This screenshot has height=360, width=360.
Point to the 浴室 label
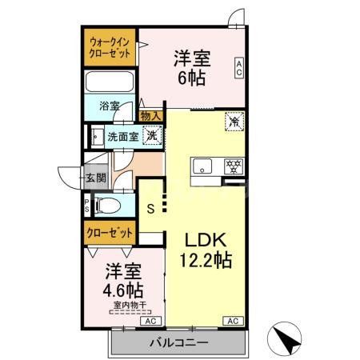(110, 106)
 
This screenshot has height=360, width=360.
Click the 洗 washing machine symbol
(150, 135)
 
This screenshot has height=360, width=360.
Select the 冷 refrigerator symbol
(234, 122)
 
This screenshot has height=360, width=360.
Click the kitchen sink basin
(201, 168)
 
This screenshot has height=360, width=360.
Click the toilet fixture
(106, 206)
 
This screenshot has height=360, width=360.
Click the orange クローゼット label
(110, 233)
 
